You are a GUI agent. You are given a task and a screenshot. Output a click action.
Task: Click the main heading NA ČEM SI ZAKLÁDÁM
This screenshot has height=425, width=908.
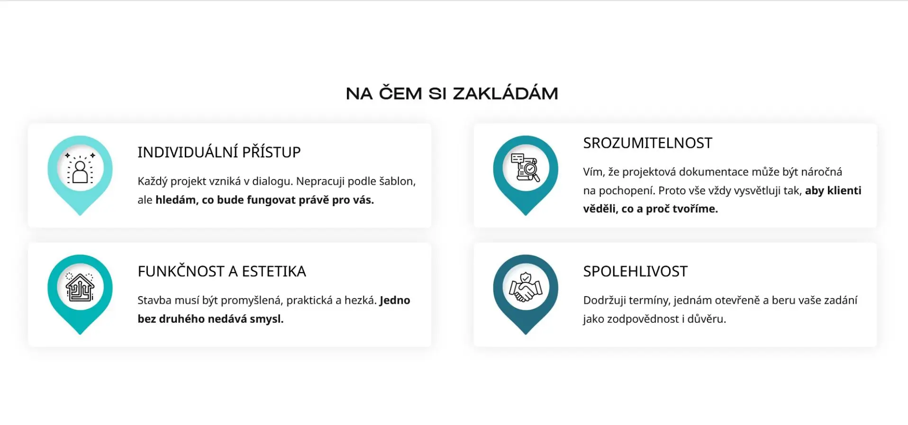coord(452,93)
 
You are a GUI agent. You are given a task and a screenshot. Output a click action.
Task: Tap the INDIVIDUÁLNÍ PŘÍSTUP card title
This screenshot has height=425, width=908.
coord(219,152)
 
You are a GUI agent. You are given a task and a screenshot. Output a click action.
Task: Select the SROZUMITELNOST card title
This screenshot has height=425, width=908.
coord(647,143)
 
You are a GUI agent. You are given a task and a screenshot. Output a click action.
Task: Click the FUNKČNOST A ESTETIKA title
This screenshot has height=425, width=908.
coord(222,271)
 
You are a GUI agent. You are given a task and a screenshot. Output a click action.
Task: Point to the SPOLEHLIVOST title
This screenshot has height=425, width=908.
coord(635,271)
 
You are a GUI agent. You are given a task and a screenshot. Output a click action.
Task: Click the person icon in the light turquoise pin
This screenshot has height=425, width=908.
coord(80,169)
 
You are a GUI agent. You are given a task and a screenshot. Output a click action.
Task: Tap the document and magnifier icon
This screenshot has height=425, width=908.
coord(526,168)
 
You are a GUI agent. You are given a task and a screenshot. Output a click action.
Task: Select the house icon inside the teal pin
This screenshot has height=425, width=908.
coord(80,288)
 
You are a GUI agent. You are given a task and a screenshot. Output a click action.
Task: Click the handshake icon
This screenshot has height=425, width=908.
coord(526,288)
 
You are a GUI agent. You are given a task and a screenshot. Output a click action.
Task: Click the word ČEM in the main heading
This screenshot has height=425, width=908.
coord(400,93)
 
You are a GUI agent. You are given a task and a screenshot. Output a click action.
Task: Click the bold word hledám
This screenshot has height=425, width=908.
coord(175,200)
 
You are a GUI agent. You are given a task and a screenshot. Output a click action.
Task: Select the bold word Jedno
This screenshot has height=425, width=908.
coord(395,300)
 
